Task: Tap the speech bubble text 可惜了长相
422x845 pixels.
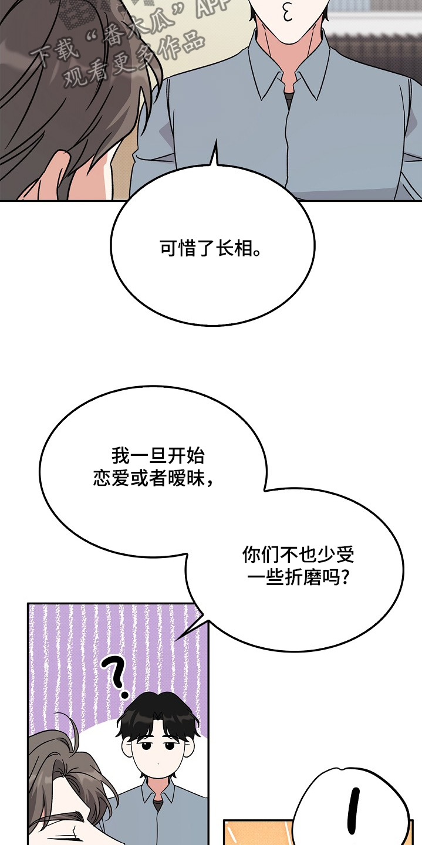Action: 210,248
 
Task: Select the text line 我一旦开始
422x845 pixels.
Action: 158,456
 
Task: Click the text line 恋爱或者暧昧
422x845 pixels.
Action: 153,479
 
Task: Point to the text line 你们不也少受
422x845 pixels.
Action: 298,555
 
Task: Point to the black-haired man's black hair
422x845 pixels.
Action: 158,716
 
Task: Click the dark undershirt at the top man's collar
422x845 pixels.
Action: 289,99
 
